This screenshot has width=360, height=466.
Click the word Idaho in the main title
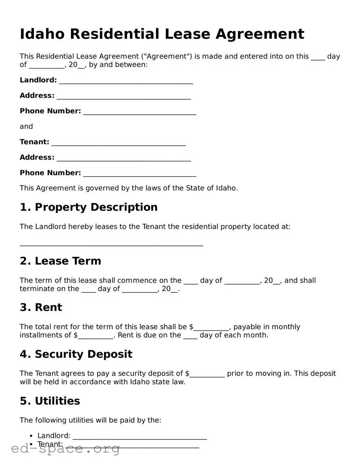coord(42,34)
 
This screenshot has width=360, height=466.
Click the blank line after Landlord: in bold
coord(126,81)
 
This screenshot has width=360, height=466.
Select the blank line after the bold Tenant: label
coord(118,143)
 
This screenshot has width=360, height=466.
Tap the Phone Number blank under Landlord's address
coord(140,112)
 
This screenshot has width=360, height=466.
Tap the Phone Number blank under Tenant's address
coord(140,174)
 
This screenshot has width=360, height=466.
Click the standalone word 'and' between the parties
coord(26,127)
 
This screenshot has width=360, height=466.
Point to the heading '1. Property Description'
coord(88,207)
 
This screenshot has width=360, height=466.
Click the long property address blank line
coord(111,243)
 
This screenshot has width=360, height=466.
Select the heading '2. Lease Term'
coord(60,261)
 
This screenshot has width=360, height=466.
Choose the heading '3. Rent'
coord(41,308)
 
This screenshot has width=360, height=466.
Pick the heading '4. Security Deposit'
coord(76,355)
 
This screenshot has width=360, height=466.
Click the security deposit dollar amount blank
coord(207,375)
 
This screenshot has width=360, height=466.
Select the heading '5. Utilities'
coord(50,401)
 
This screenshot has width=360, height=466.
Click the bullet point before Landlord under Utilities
coord(31,436)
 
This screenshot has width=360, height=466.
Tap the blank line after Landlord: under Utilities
coord(140,437)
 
